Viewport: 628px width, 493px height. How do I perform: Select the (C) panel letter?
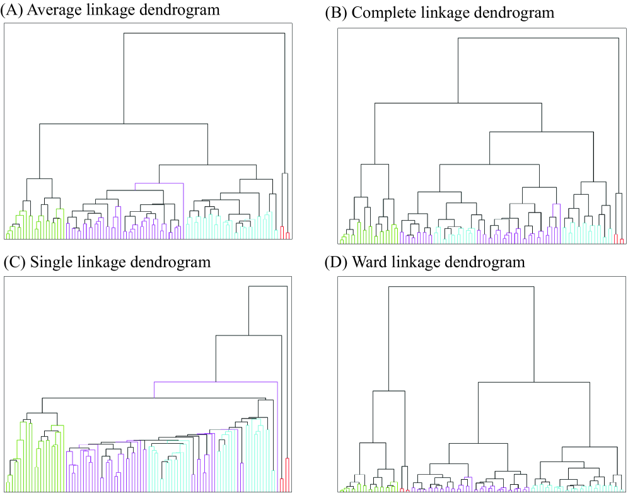(14, 262)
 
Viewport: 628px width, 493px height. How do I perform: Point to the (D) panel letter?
(335, 262)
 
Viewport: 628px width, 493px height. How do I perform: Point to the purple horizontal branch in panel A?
(159, 183)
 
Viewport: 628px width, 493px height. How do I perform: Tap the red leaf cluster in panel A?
(285, 234)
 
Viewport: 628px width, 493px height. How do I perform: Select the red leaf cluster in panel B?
(619, 239)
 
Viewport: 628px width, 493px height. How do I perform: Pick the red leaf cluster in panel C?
(287, 473)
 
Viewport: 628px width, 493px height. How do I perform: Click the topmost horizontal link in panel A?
(205, 33)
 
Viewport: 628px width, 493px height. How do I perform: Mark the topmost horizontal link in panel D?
(462, 287)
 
